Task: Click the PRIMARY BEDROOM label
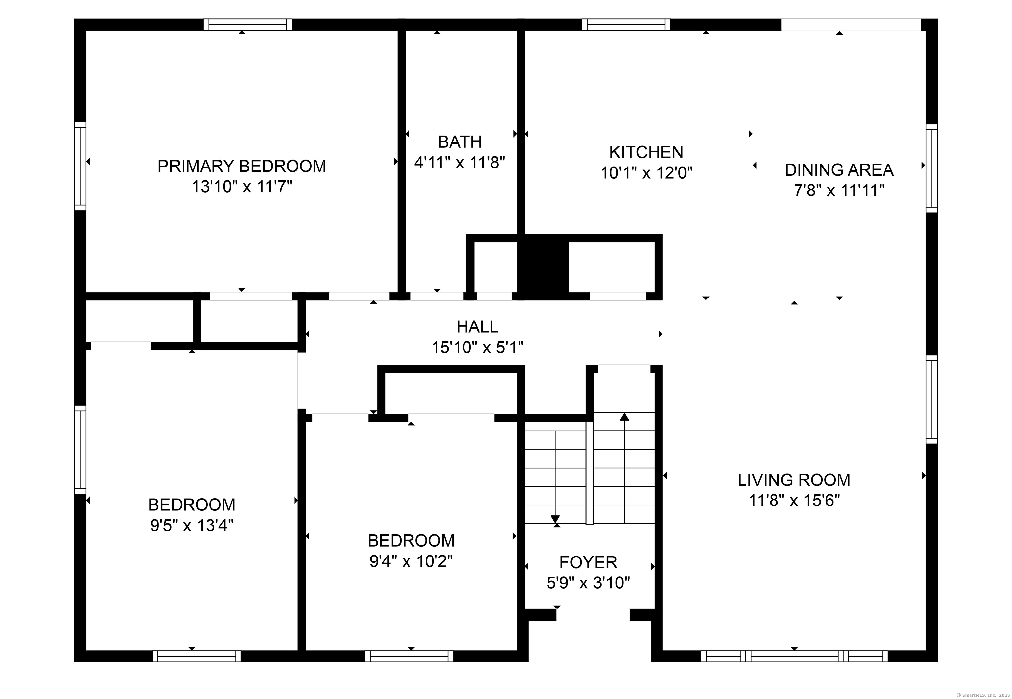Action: point(241,167)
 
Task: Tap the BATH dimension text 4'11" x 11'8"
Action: point(460,163)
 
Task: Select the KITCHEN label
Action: point(646,152)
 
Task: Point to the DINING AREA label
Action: point(839,170)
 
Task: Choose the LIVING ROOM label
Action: point(794,480)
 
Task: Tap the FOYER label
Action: point(588,562)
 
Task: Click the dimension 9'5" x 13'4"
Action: point(191,525)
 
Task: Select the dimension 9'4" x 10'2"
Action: point(411,561)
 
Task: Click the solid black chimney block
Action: point(543,267)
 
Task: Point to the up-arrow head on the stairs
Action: point(624,417)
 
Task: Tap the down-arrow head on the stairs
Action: point(555,519)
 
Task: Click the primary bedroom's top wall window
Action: point(248,25)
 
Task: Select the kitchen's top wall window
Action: point(626,25)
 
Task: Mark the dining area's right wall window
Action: point(931,168)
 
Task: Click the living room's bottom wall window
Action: point(794,656)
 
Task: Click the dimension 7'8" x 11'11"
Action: point(839,191)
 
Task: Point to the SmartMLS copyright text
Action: point(982,695)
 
